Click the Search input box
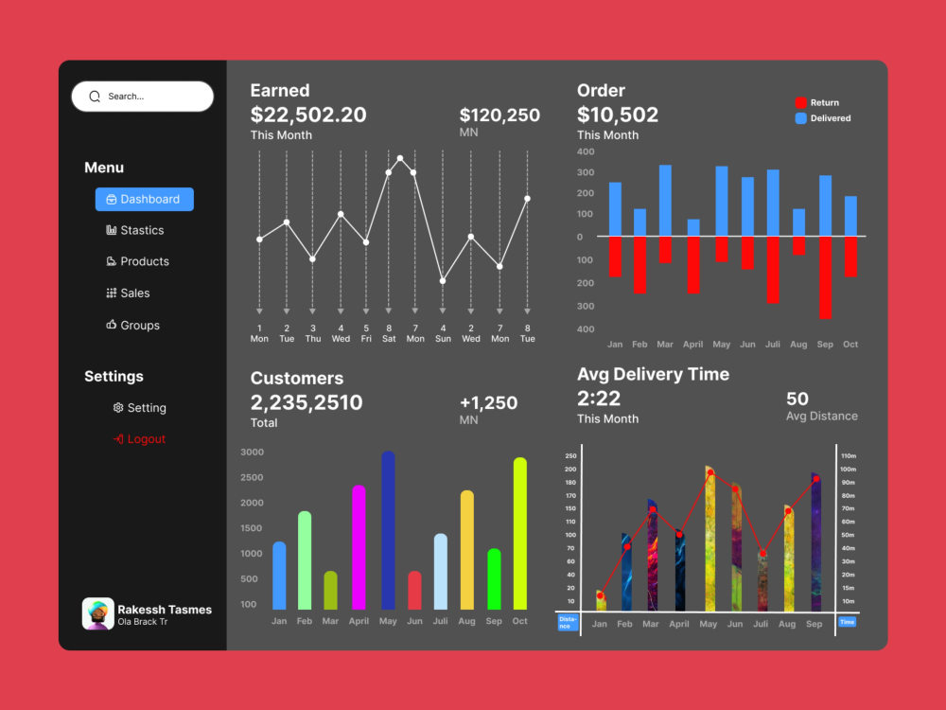143,97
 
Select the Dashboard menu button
144,199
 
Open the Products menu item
137,261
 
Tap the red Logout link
139,439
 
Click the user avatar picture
97,613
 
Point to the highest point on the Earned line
400,159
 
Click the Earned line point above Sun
443,281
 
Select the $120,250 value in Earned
499,115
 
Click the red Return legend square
800,102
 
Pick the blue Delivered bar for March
665,201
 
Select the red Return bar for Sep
825,277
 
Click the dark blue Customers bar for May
388,530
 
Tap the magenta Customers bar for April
359,547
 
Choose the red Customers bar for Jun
414,590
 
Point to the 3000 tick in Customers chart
253,452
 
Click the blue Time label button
847,622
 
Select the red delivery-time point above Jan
600,595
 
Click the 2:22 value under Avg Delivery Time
599,399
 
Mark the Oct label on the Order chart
850,345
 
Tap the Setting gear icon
118,407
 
